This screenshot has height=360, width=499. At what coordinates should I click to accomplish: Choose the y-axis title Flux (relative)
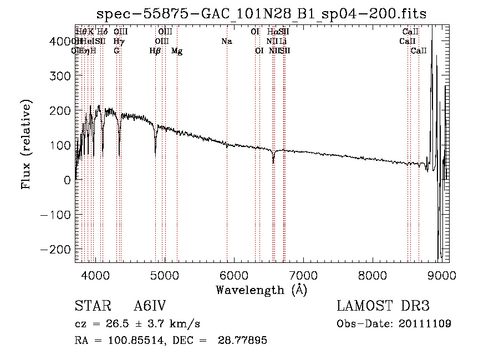click(26, 145)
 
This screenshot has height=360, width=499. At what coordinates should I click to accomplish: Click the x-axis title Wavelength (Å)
click(261, 290)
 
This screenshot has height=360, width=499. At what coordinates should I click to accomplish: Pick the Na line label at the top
click(226, 42)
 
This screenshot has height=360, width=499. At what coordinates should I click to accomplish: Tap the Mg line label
click(177, 51)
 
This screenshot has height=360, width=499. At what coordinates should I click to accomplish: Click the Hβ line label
click(155, 51)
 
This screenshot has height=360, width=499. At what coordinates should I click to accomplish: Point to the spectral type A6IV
click(150, 307)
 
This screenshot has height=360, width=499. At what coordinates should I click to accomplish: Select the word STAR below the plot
click(93, 307)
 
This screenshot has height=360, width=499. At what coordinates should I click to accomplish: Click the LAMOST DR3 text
click(383, 307)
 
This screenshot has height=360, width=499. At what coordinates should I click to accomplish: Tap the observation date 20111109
click(424, 323)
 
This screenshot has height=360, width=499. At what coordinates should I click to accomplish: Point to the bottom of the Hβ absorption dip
click(155, 151)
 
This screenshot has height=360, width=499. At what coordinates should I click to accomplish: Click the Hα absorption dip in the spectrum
click(273, 161)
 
